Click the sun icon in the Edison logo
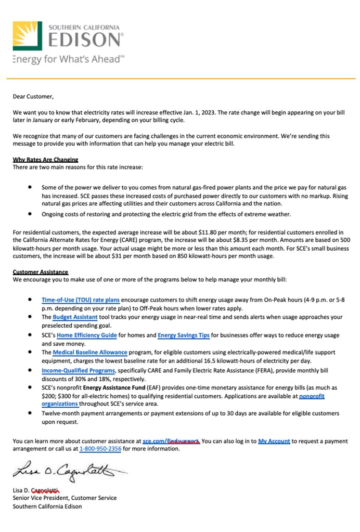28,35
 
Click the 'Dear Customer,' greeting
33,96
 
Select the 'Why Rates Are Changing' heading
45,160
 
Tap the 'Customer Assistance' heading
41,272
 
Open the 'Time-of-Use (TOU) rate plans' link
81,300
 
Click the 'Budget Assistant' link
75,317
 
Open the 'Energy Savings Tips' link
184,335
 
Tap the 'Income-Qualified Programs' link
78,371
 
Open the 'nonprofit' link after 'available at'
312,396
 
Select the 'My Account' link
274,441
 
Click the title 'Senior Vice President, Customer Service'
65,498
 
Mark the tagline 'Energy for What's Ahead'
68,59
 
